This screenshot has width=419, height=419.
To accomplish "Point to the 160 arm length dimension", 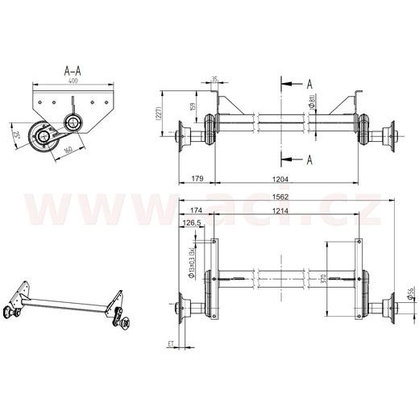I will tap(68, 149).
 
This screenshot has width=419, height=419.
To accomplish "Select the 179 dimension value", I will tap(197, 179).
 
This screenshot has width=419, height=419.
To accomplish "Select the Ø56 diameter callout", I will tap(410, 297).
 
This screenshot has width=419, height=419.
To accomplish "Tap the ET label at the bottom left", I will tap(171, 344).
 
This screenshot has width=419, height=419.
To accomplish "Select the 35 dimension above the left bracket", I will tap(214, 78).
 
